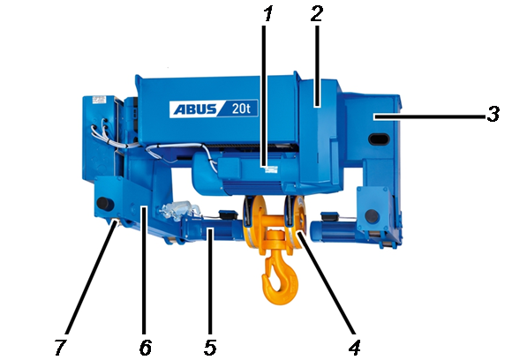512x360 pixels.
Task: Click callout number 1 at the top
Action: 267,14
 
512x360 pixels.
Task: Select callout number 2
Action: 316,14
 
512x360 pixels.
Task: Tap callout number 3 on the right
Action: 493,114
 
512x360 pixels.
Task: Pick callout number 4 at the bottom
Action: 355,348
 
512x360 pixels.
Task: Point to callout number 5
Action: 210,348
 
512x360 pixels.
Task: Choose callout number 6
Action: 146,348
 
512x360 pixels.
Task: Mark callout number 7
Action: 61,348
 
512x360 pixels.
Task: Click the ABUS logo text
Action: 195,109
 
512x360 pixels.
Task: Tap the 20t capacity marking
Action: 241,109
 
